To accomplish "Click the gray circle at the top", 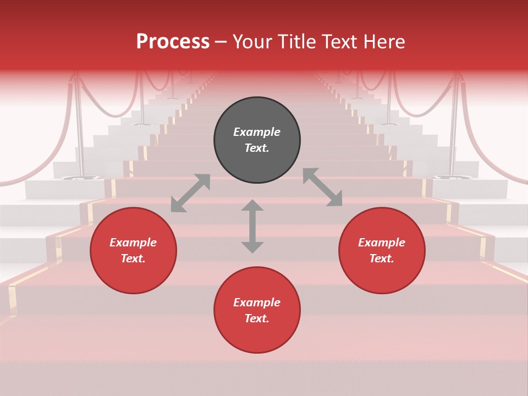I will coord(257,140).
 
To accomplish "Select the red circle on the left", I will coord(133,250).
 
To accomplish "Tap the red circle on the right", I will coord(382,250).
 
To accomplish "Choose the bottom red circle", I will coord(257,310).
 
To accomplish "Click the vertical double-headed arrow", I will coord(252,226).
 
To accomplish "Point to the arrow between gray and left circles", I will coord(190,193).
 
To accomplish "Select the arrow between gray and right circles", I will coord(323,187).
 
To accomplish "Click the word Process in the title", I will coord(173,41).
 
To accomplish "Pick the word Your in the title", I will coord(251,41).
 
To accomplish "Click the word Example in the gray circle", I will coord(257,132).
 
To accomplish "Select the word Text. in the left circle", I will coord(133,258).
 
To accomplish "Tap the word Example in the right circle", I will coord(382,242).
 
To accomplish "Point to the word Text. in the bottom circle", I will coord(257,318).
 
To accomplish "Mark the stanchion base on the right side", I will coord(448,177).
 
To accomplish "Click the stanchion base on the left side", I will coord(80,177).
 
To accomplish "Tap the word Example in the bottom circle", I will coord(257,302).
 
